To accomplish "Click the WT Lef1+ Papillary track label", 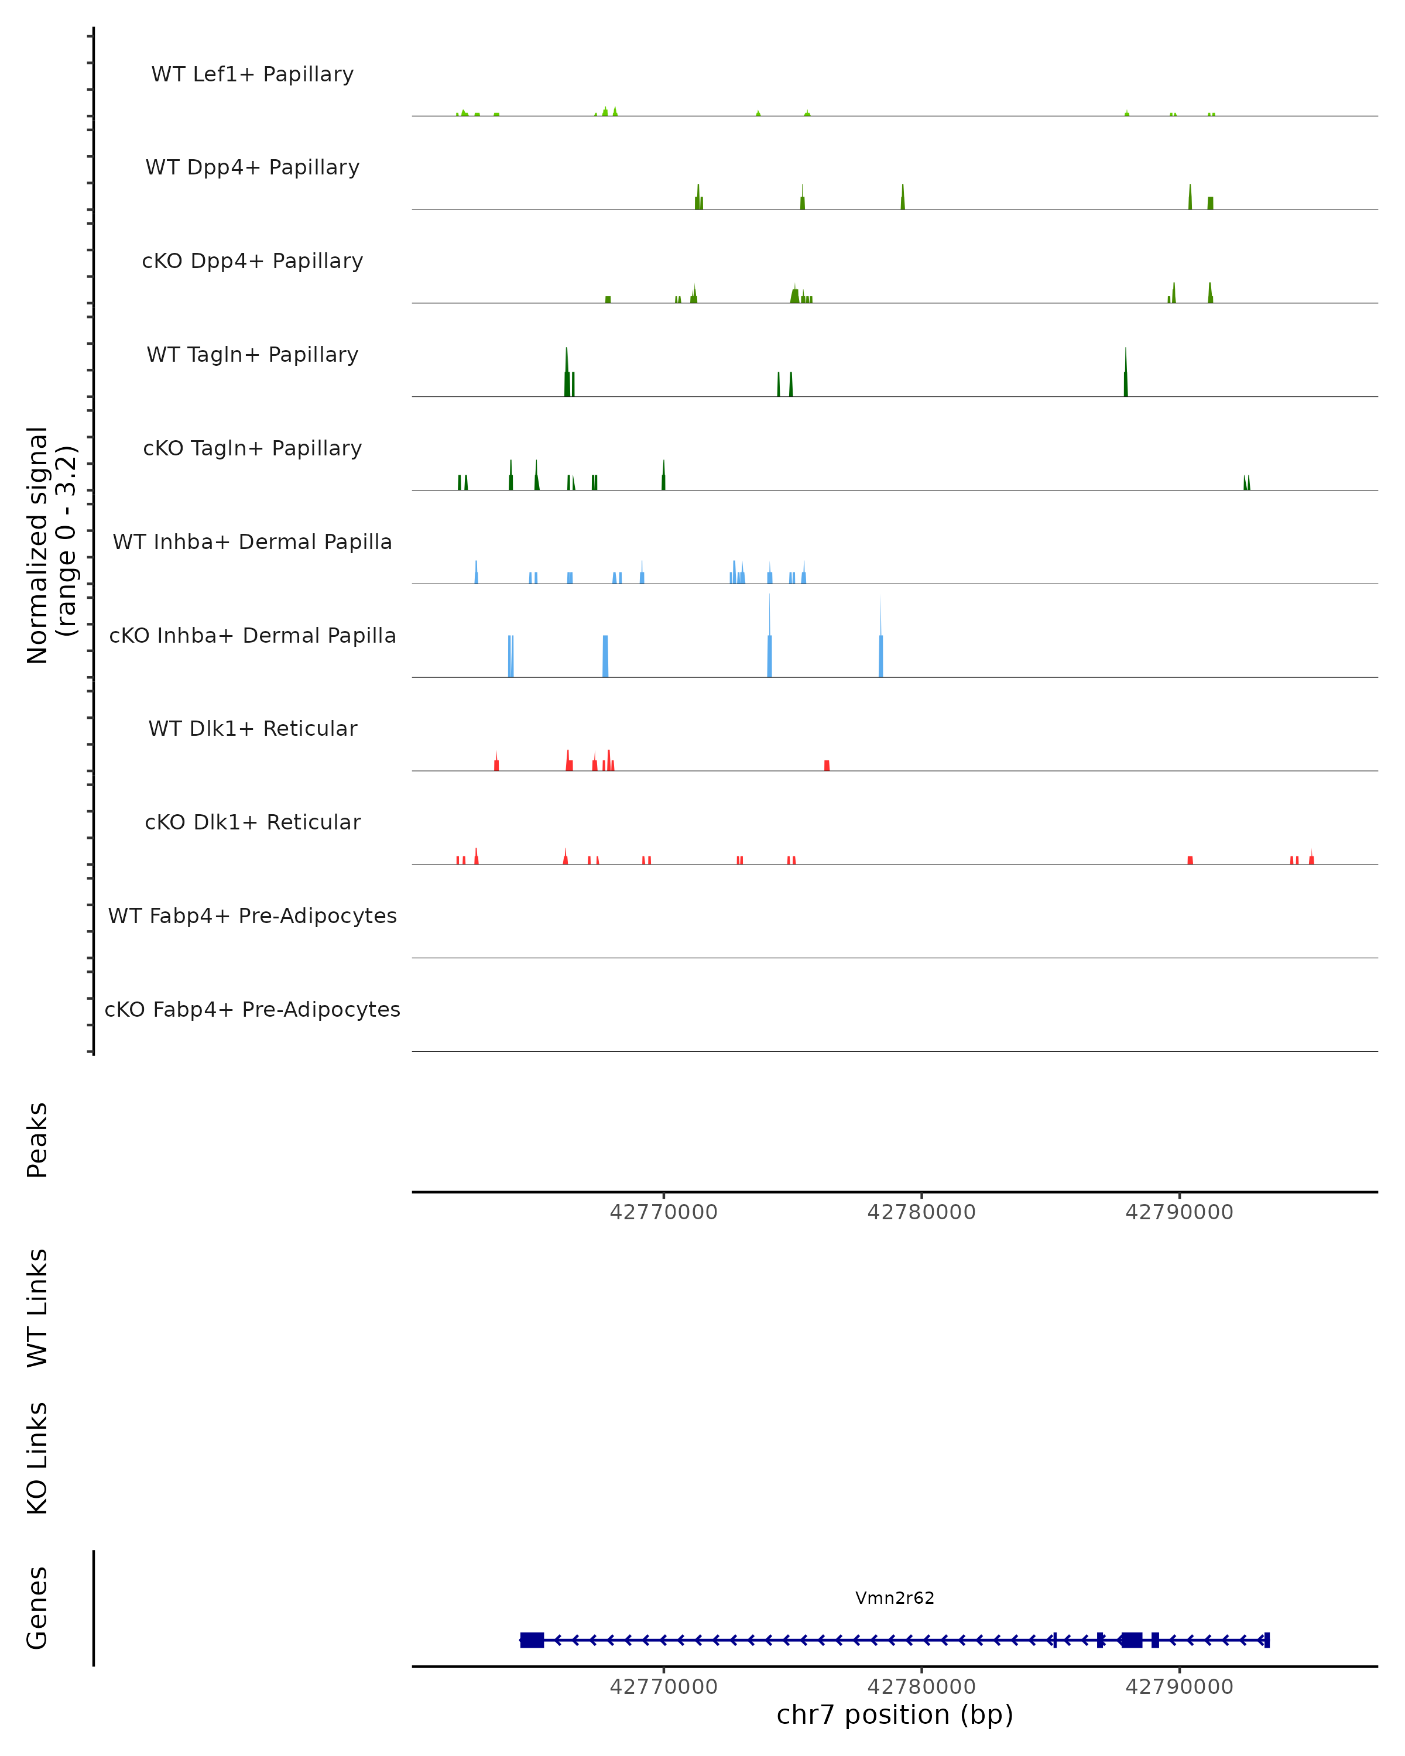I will click(252, 74).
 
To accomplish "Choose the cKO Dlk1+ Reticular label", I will click(252, 822).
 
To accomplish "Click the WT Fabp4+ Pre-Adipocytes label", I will click(252, 915).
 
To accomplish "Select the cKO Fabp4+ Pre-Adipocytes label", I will click(252, 1009).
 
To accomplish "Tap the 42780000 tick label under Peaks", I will click(921, 1212).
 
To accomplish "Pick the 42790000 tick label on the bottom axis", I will click(1178, 1687).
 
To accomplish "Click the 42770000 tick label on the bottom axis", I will click(664, 1687).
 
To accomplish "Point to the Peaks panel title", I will click(37, 1140).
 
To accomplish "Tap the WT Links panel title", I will click(37, 1307).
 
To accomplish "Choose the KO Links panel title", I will click(37, 1458).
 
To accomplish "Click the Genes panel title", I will click(37, 1608).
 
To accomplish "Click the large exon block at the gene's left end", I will click(532, 1640).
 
